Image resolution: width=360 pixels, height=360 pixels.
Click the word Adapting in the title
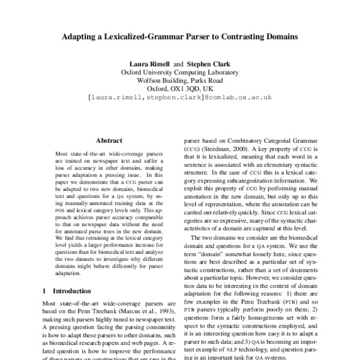tap(82, 37)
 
